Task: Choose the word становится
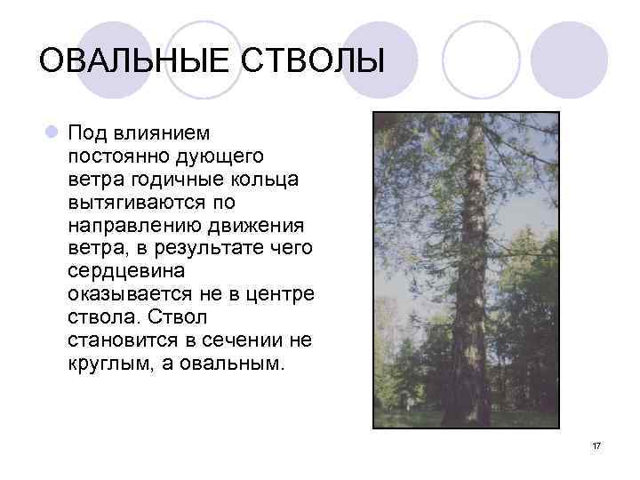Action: (x=122, y=341)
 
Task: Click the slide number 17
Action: (x=596, y=444)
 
